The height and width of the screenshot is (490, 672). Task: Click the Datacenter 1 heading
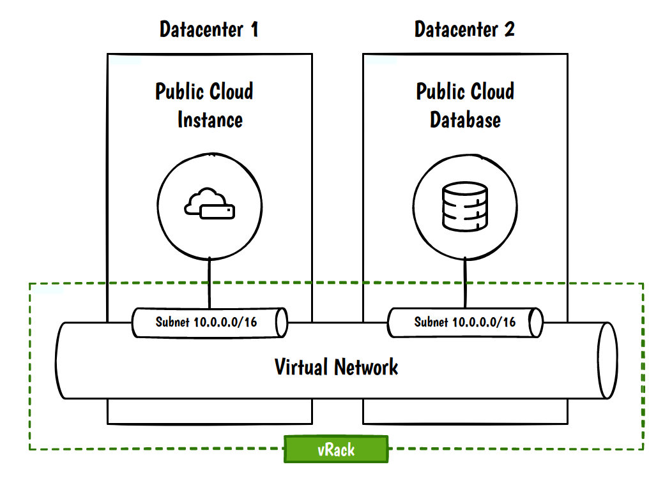[208, 29]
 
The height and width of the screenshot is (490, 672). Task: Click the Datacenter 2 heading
[464, 29]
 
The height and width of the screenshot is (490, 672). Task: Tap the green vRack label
[336, 449]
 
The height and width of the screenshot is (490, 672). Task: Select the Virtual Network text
[336, 367]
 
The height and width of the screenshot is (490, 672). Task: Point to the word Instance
[210, 120]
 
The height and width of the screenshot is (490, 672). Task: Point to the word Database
[465, 120]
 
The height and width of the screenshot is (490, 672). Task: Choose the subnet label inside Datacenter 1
[206, 322]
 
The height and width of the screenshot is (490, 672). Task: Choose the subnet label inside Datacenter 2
[464, 322]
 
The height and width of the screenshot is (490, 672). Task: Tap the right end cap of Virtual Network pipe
[607, 360]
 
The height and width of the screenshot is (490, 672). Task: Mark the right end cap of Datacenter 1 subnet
[281, 322]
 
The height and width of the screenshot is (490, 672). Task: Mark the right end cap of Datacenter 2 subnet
[537, 322]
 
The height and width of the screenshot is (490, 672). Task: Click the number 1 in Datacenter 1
[254, 29]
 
